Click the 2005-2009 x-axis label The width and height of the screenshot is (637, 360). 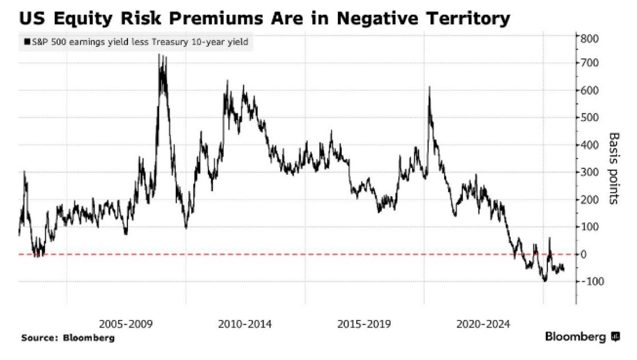pyautogui.click(x=126, y=324)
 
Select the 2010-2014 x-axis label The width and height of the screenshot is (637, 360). pyautogui.click(x=245, y=324)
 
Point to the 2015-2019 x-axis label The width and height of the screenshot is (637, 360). pyautogui.click(x=364, y=324)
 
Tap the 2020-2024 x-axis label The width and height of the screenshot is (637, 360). pyautogui.click(x=483, y=324)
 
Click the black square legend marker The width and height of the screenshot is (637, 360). pyautogui.click(x=27, y=42)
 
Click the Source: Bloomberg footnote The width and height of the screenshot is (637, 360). pyautogui.click(x=68, y=338)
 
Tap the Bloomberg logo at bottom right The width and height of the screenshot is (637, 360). pyautogui.click(x=582, y=337)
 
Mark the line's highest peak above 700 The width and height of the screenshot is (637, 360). pyautogui.click(x=159, y=55)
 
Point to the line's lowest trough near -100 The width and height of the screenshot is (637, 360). pyautogui.click(x=545, y=281)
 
